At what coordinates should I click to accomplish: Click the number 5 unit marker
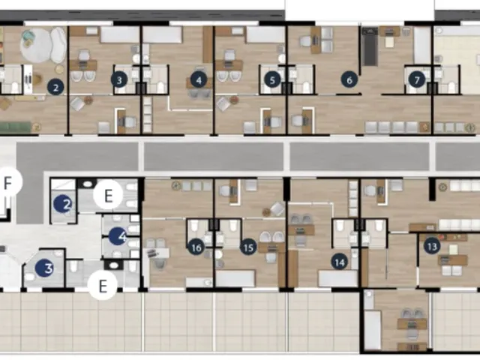tap(272, 80)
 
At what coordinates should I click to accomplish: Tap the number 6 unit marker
tap(349, 80)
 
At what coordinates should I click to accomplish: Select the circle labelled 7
tap(417, 80)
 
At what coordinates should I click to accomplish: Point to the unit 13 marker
tap(432, 247)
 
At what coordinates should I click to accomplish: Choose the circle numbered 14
tap(340, 262)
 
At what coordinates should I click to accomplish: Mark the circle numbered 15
tap(248, 247)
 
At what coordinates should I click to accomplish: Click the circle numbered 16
tap(196, 247)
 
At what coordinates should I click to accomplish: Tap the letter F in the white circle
tap(7, 183)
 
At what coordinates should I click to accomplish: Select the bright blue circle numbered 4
tap(118, 236)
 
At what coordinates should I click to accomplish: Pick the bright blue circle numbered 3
tap(45, 268)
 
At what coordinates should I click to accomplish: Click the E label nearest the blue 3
tap(103, 286)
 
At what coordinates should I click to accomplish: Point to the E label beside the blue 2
tap(108, 195)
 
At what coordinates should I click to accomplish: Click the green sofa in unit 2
tap(15, 127)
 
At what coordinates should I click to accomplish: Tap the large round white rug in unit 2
tap(36, 45)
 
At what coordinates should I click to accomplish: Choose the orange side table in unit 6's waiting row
tap(424, 127)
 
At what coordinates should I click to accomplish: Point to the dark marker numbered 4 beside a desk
tap(199, 80)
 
